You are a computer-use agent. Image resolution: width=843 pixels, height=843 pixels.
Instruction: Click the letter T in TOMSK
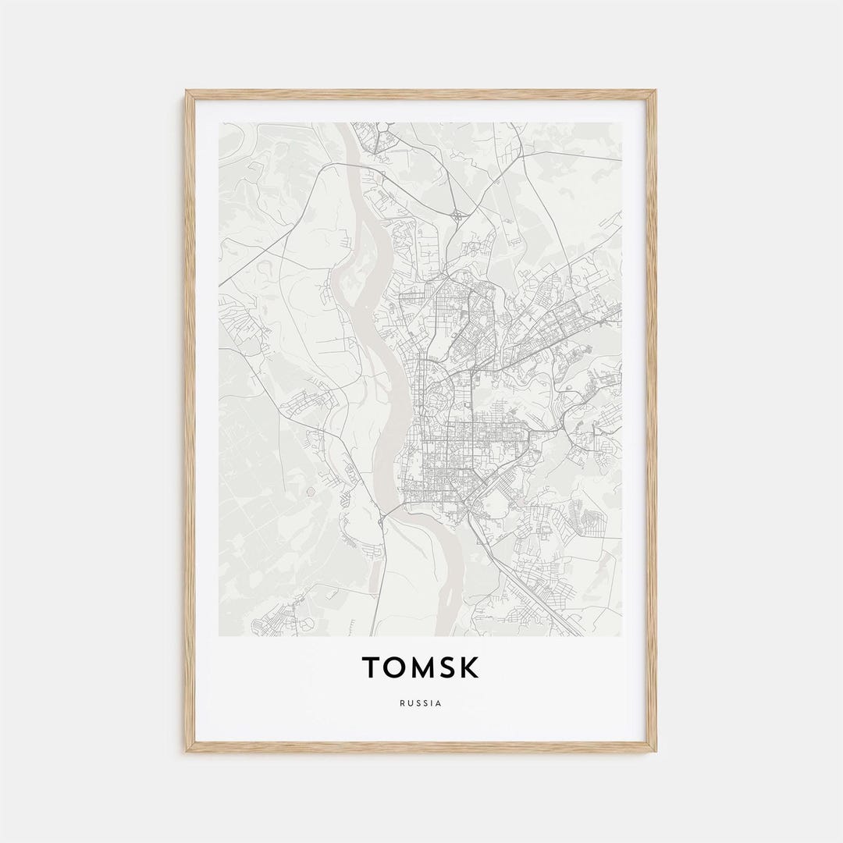pyautogui.click(x=372, y=667)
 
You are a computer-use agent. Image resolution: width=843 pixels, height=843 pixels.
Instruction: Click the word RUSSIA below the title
pyautogui.click(x=421, y=703)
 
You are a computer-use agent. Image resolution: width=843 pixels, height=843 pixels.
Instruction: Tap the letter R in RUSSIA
pyautogui.click(x=402, y=703)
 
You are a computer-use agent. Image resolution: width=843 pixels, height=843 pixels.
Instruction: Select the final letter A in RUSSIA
pyautogui.click(x=439, y=703)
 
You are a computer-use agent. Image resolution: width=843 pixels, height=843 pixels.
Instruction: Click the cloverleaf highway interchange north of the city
pyautogui.click(x=456, y=213)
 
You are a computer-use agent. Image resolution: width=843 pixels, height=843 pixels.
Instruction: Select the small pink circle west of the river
pyautogui.click(x=311, y=491)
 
